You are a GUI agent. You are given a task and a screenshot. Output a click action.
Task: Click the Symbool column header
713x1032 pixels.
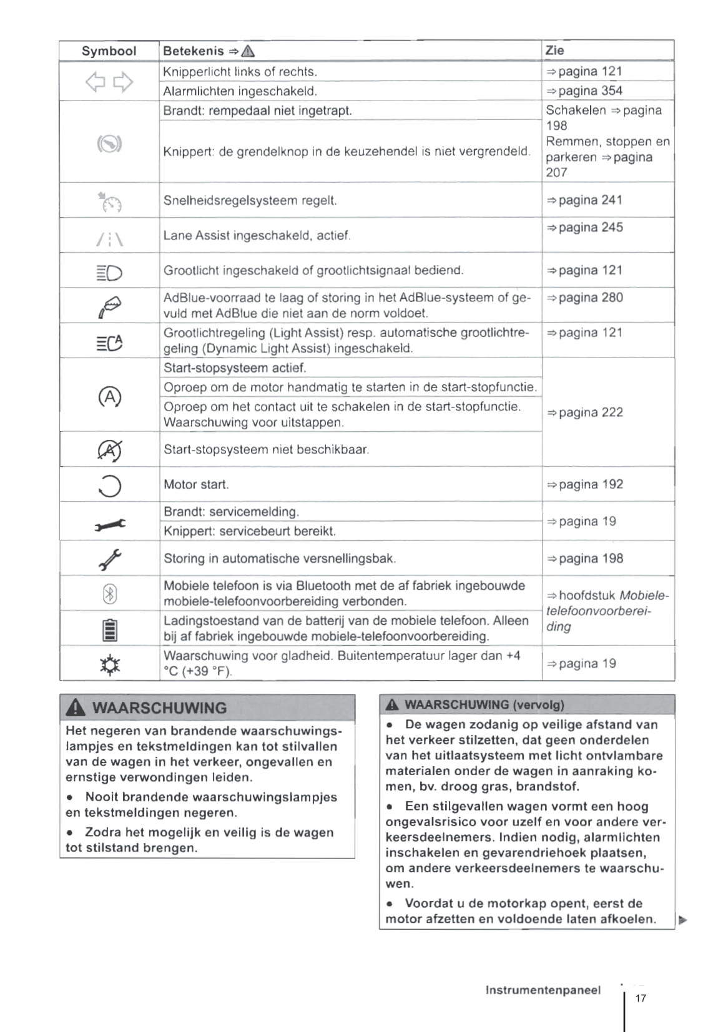[109, 51]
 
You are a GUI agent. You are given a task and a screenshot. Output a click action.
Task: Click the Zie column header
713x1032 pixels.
[554, 51]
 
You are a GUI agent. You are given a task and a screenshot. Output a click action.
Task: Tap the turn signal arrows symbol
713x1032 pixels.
[109, 82]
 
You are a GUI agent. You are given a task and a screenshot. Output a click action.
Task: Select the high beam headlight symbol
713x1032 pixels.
[109, 272]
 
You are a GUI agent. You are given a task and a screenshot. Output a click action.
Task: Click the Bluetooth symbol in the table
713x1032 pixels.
[109, 594]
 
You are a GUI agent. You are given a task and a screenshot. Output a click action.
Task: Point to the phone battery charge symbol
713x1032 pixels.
[110, 630]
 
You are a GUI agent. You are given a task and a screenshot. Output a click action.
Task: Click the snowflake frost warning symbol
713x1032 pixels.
[110, 665]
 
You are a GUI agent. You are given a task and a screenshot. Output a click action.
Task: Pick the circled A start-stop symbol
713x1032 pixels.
[109, 397]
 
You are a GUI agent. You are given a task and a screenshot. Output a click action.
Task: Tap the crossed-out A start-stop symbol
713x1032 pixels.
[110, 450]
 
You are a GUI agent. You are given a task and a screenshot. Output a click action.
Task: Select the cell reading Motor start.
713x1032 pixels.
[196, 485]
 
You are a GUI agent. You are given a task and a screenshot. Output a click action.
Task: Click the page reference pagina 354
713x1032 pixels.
[584, 91]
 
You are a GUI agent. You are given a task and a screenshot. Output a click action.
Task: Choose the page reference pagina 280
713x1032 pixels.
[584, 298]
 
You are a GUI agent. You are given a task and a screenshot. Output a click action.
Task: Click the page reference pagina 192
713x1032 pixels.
[584, 485]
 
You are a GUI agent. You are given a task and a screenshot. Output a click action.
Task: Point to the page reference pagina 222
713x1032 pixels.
[584, 412]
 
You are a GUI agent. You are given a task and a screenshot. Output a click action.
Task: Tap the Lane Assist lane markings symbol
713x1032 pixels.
[109, 238]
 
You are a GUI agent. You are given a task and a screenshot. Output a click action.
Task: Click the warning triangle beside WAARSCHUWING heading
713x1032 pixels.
[76, 708]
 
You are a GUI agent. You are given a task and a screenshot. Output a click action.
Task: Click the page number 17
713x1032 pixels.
[641, 998]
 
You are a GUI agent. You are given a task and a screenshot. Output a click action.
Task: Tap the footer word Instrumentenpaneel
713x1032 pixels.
[543, 990]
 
